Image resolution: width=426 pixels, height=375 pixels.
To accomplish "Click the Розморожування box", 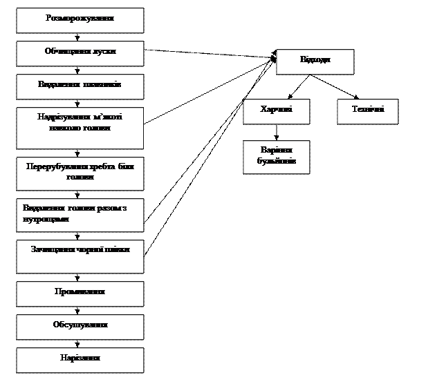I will point(80,21).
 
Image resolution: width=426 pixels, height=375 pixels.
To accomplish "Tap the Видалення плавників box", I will point(80,87).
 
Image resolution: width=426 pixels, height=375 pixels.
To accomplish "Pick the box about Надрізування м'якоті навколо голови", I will point(80,128).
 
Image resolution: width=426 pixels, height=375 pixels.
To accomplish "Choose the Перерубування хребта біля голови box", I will point(80,173).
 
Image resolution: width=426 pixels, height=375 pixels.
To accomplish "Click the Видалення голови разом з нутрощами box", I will point(80,215).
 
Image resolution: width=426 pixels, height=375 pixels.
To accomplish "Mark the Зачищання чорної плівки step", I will point(80,256).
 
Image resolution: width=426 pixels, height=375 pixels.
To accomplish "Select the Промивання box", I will point(80,294).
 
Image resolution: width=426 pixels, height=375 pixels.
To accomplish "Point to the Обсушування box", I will point(80,327).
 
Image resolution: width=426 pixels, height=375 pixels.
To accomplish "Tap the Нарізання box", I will point(80,360).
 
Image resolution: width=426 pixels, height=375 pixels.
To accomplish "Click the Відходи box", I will point(315,61).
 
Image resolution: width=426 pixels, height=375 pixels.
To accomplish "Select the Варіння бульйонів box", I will point(276,157).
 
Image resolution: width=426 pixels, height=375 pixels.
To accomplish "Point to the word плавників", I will point(102,84).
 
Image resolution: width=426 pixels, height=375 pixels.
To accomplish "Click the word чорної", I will point(85,249).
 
